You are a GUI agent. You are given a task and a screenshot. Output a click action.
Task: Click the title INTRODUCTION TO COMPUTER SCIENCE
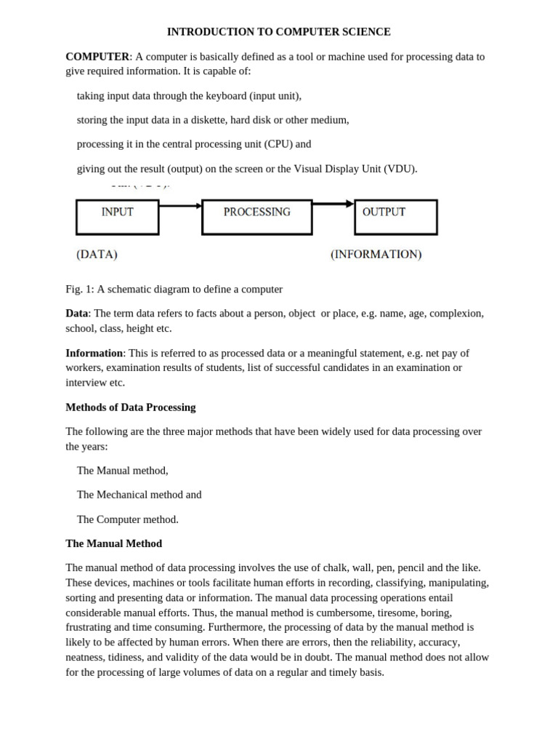[x=278, y=32]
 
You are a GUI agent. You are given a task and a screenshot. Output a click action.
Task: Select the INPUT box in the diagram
[x=117, y=216]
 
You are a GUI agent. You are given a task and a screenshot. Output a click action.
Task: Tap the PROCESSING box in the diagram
[x=256, y=216]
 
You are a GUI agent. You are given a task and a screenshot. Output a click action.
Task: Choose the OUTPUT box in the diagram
[x=395, y=216]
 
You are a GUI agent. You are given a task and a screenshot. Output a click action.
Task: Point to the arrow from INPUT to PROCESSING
[x=180, y=206]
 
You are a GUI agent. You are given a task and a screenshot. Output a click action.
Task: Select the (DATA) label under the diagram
[x=97, y=255]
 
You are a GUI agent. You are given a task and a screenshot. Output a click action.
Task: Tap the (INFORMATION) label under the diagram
[x=376, y=255]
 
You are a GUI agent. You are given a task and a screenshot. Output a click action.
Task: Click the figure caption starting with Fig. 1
[x=174, y=289]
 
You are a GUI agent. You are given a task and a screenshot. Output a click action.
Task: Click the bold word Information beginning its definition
[x=94, y=353]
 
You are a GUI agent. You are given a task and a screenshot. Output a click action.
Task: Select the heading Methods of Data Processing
[x=131, y=407]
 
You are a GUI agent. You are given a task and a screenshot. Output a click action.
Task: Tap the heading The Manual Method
[x=113, y=543]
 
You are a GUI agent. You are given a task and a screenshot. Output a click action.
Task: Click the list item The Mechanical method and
[x=139, y=495]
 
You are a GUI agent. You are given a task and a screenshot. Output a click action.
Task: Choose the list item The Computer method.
[x=127, y=519]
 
